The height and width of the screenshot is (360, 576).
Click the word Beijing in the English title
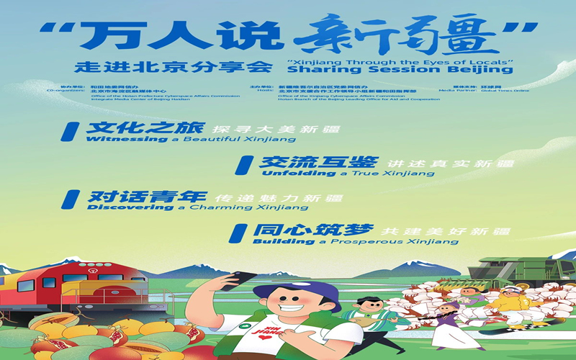click(x=486, y=70)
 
